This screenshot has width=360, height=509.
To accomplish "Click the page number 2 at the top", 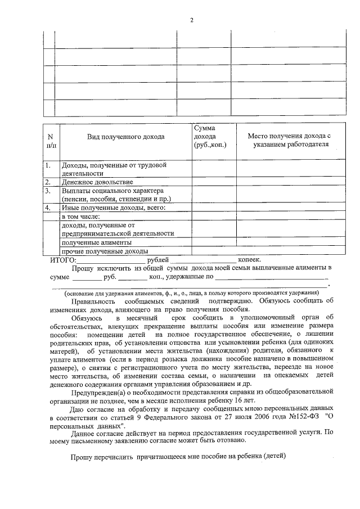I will coord(191,21).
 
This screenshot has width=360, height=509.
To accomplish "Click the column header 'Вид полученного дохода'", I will coord(125,137).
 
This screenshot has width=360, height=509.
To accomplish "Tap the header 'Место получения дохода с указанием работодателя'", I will coord(289,140).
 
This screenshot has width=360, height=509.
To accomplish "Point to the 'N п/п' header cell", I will coord(51,141).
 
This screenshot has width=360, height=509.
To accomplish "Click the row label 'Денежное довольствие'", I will coord(97,182).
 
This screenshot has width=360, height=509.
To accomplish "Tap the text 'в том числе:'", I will coord(80,216).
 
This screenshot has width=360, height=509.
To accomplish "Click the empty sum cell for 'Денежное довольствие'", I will coord(214,182).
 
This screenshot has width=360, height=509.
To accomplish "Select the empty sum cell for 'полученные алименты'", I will coord(214,242).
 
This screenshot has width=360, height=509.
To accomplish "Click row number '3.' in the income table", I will coord(49,191).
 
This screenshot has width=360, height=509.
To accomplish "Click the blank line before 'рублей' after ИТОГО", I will coord(110,260).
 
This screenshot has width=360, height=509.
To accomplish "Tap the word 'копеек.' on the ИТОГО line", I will coord(249,260).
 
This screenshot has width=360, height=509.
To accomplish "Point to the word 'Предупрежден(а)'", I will coord(97,393).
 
